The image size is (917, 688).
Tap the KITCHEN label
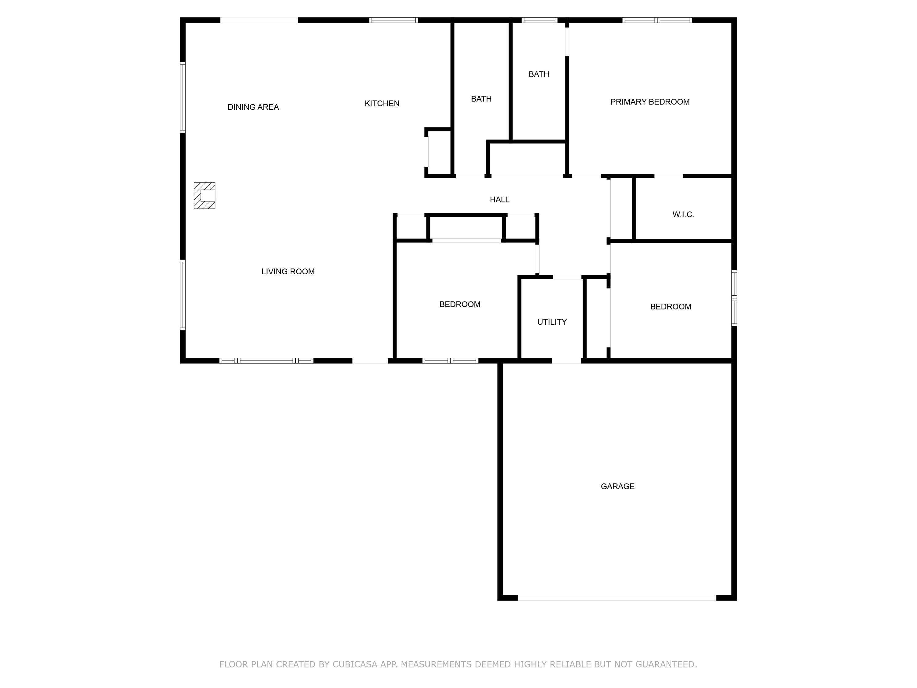(382, 103)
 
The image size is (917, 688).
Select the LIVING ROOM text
(288, 272)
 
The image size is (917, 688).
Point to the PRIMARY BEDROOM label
(650, 102)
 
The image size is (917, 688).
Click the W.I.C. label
(683, 214)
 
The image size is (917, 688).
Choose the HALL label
(499, 199)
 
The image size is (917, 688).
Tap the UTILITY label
(551, 322)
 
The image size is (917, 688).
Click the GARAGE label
(617, 486)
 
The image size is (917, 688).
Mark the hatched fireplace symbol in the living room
(204, 195)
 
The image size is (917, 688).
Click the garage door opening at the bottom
(617, 597)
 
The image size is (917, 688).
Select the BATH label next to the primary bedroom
(539, 74)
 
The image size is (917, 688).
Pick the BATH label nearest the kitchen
(481, 99)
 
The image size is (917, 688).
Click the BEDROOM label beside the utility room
(459, 304)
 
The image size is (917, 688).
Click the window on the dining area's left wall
(182, 98)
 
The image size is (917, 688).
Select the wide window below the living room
(266, 361)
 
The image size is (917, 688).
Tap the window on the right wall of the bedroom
(734, 298)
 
